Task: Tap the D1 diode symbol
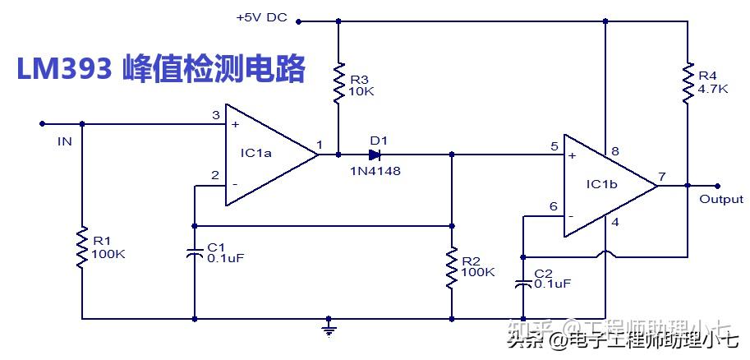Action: tap(375, 154)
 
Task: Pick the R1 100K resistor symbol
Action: tap(82, 247)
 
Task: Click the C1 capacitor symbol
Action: tap(195, 252)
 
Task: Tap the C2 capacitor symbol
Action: tap(522, 284)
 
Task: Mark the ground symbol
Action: tap(329, 329)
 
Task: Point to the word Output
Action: tap(720, 199)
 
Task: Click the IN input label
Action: tap(65, 141)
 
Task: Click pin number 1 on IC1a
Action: tap(320, 145)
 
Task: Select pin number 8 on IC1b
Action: tap(614, 152)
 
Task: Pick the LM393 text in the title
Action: tap(64, 70)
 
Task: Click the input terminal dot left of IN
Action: tap(42, 125)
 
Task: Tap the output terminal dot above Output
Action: tap(717, 186)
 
